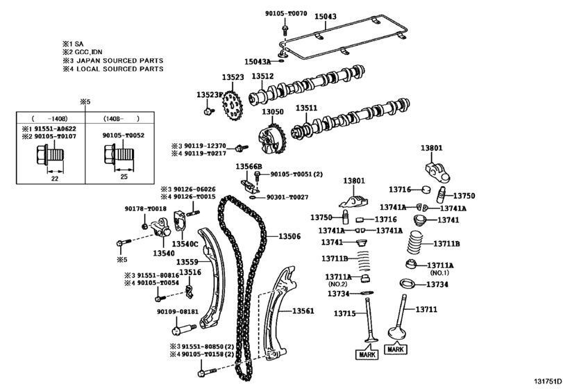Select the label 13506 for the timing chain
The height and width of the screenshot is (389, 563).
pyautogui.click(x=289, y=237)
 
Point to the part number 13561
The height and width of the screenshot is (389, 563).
pyautogui.click(x=303, y=311)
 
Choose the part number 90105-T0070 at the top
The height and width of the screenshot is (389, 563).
pyautogui.click(x=285, y=13)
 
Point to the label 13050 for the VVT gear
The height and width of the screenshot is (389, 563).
pyautogui.click(x=272, y=112)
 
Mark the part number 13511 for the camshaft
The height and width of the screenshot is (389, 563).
pyautogui.click(x=306, y=108)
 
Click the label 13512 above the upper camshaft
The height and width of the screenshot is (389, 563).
pyautogui.click(x=262, y=76)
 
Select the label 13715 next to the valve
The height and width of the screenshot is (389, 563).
pyautogui.click(x=346, y=314)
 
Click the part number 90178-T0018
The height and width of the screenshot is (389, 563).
pyautogui.click(x=146, y=208)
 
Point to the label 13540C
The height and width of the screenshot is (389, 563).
pyautogui.click(x=185, y=244)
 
